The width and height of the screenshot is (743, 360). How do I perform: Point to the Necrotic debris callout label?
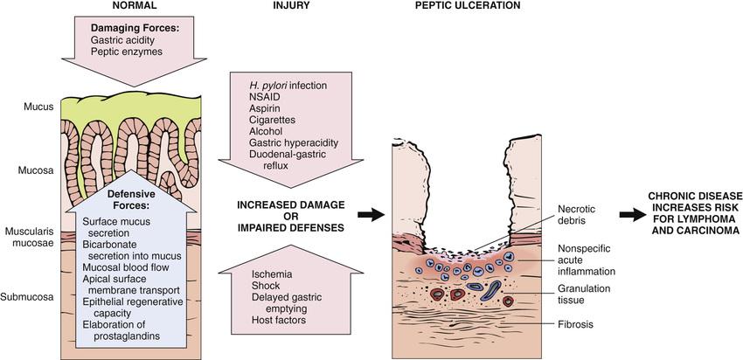(x=580, y=213)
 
